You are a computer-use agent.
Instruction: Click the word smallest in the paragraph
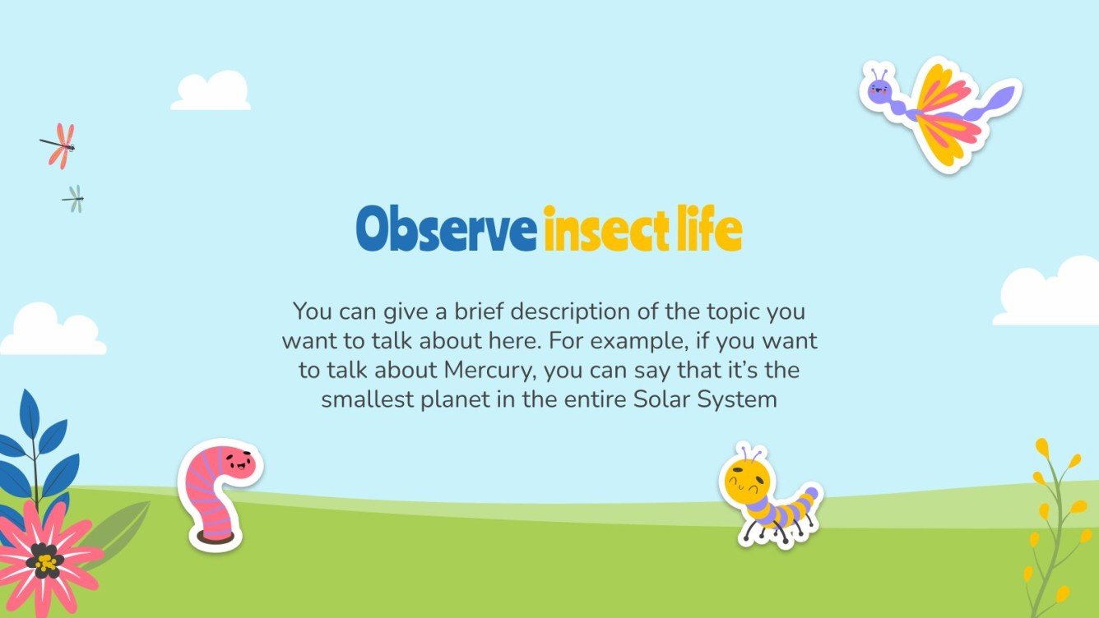(x=369, y=400)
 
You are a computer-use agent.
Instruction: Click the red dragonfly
(x=58, y=146)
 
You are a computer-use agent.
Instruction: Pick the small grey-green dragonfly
(x=74, y=198)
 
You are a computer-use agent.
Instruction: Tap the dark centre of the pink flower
(x=44, y=561)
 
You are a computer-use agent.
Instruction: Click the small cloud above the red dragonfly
(x=211, y=92)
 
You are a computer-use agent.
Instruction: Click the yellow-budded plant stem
(x=1054, y=526)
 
